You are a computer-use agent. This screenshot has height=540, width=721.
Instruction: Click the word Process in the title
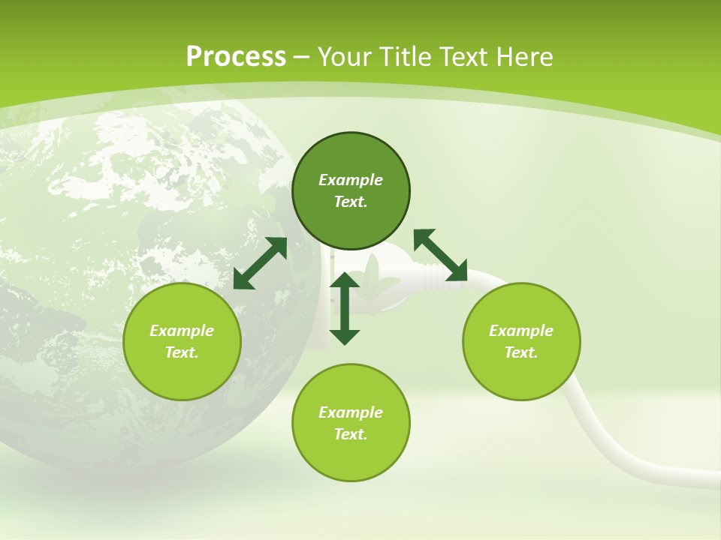point(236,57)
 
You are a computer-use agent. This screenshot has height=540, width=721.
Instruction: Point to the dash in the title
point(302,58)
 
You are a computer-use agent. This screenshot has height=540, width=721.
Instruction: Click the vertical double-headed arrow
point(345,308)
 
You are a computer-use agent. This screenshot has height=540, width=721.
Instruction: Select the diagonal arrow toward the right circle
point(440,255)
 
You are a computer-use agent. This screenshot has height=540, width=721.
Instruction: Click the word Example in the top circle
point(351,180)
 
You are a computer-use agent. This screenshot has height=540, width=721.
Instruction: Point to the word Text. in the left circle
point(182,352)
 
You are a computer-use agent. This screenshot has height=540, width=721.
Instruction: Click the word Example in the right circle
point(521,331)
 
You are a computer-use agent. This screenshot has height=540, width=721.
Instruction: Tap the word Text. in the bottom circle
point(351,434)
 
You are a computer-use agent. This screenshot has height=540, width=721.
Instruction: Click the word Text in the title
point(466,57)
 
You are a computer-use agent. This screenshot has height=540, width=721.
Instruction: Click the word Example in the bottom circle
point(351,412)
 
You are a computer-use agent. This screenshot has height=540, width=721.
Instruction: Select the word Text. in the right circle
point(521,352)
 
